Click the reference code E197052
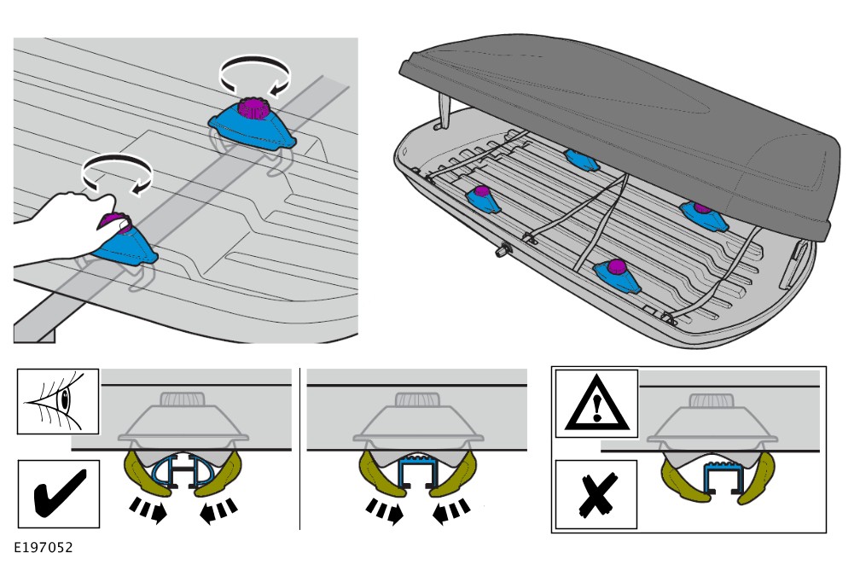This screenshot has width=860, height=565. (42, 544)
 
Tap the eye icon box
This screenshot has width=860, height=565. (58, 401)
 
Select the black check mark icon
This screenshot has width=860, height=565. (58, 494)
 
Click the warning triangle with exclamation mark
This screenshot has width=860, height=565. (596, 401)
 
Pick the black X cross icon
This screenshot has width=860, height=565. (596, 494)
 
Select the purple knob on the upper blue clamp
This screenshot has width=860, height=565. (253, 109)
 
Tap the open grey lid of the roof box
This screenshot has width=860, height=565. (623, 111)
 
